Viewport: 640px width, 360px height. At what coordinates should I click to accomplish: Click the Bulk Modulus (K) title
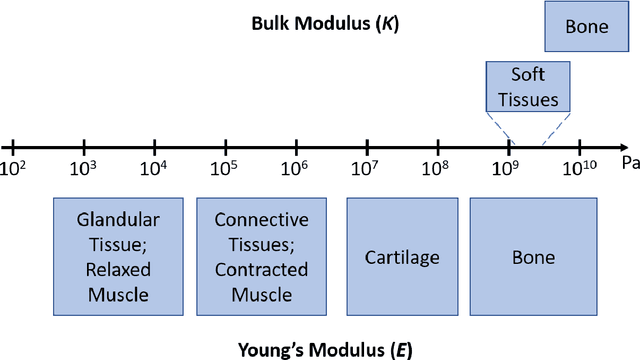pos(325,23)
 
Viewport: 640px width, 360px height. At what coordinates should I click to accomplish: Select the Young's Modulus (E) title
pos(325,349)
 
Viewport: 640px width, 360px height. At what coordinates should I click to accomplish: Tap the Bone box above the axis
pos(586,27)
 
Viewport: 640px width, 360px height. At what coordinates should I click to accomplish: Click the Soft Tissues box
pos(528,87)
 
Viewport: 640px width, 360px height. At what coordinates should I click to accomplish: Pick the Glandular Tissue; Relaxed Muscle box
pos(118,257)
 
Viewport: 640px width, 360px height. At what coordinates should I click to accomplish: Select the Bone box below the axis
pos(533,257)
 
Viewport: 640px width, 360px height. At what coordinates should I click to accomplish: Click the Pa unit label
pos(630,162)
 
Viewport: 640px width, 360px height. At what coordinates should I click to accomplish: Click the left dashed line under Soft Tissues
pos(499,128)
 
